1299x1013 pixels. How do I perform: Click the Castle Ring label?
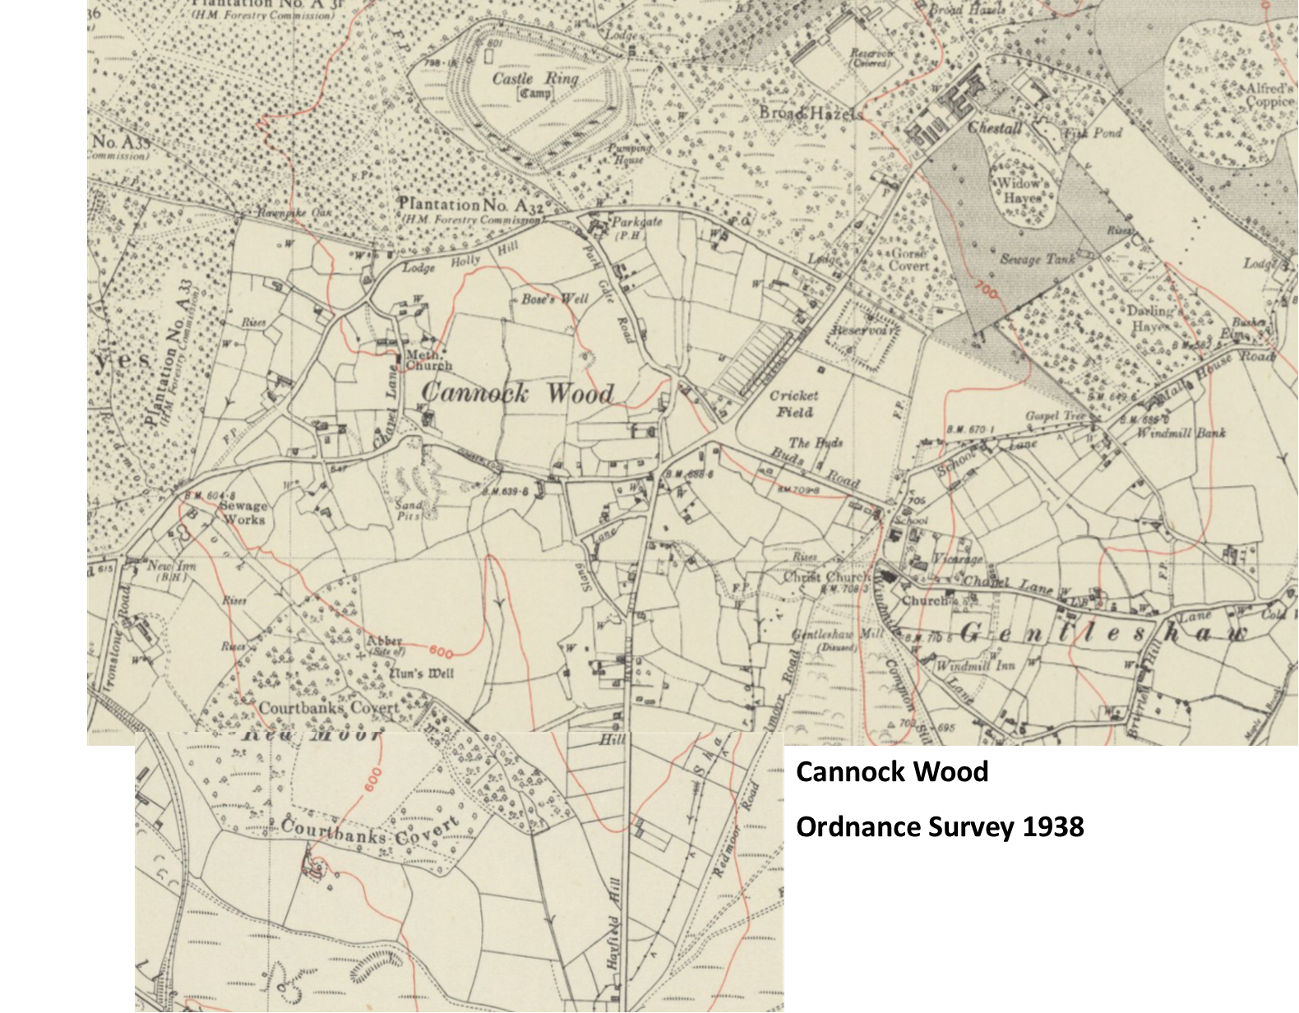pos(535,79)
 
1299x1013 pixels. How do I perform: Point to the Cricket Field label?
pos(793,404)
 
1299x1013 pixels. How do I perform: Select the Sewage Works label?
pos(243,512)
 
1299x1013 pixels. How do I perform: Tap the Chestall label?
pos(995,128)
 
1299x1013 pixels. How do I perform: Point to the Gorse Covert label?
pos(908,260)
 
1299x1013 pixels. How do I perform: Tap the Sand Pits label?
pos(409,511)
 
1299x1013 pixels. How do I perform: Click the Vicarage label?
pos(958,558)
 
